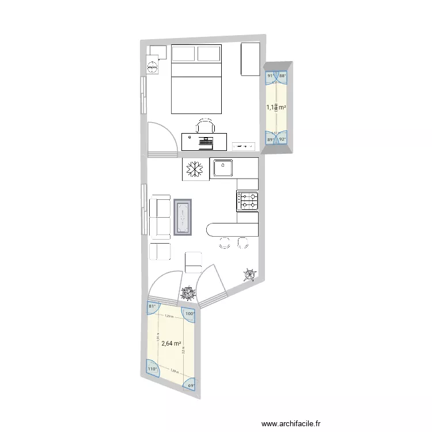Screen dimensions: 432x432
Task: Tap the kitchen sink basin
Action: pyautogui.click(x=222, y=169)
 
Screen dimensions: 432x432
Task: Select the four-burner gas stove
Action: pyautogui.click(x=248, y=200)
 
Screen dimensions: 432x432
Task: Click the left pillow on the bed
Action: pyautogui.click(x=184, y=54)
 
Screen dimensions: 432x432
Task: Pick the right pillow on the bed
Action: pyautogui.click(x=209, y=54)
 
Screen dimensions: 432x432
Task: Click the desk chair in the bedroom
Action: pyautogui.click(x=204, y=126)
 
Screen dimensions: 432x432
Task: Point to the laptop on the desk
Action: pyautogui.click(x=205, y=141)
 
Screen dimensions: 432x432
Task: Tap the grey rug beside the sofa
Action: pyautogui.click(x=183, y=218)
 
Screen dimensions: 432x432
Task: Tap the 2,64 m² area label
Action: pyautogui.click(x=172, y=343)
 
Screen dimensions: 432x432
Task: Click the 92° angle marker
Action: pyautogui.click(x=283, y=139)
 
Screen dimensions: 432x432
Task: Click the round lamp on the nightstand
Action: pyautogui.click(x=153, y=67)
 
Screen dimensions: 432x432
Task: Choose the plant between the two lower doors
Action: pyautogui.click(x=188, y=293)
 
